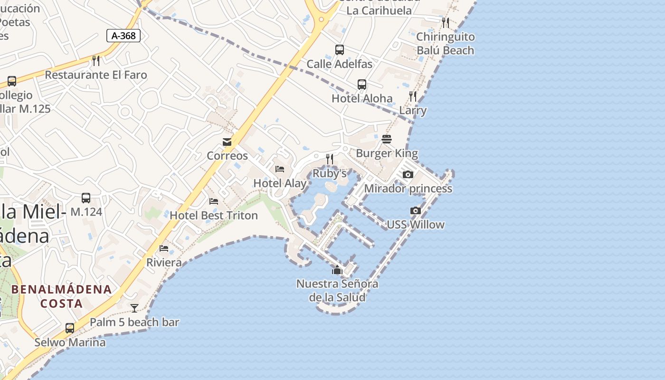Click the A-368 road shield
pyautogui.click(x=123, y=35)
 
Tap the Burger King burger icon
pyautogui.click(x=387, y=139)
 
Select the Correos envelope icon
pyautogui.click(x=227, y=142)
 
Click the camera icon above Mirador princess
pyautogui.click(x=408, y=174)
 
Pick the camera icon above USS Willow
pyautogui.click(x=416, y=210)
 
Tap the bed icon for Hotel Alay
pyautogui.click(x=280, y=169)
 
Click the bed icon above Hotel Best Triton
pyautogui.click(x=214, y=201)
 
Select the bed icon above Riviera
pyautogui.click(x=164, y=248)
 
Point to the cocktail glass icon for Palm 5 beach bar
pyautogui.click(x=134, y=308)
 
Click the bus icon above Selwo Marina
pyautogui.click(x=70, y=328)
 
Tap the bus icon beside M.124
pyautogui.click(x=86, y=198)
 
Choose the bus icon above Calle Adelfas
pyautogui.click(x=340, y=49)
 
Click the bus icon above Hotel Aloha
pyautogui.click(x=362, y=85)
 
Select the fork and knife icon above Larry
pyautogui.click(x=413, y=96)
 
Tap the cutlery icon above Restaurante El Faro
pyautogui.click(x=96, y=60)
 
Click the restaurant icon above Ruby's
pyautogui.click(x=330, y=159)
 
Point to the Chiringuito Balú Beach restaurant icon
pyautogui.click(x=445, y=22)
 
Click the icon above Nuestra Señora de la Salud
pyautogui.click(x=337, y=270)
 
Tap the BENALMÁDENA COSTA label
pyautogui.click(x=62, y=296)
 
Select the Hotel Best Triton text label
pyautogui.click(x=214, y=215)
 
